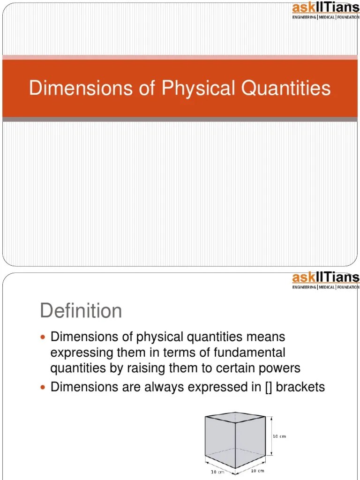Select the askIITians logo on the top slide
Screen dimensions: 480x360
click(x=325, y=11)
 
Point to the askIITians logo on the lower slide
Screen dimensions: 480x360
click(x=325, y=280)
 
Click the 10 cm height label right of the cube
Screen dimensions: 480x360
click(x=279, y=436)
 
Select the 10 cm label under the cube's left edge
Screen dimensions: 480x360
click(x=217, y=472)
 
